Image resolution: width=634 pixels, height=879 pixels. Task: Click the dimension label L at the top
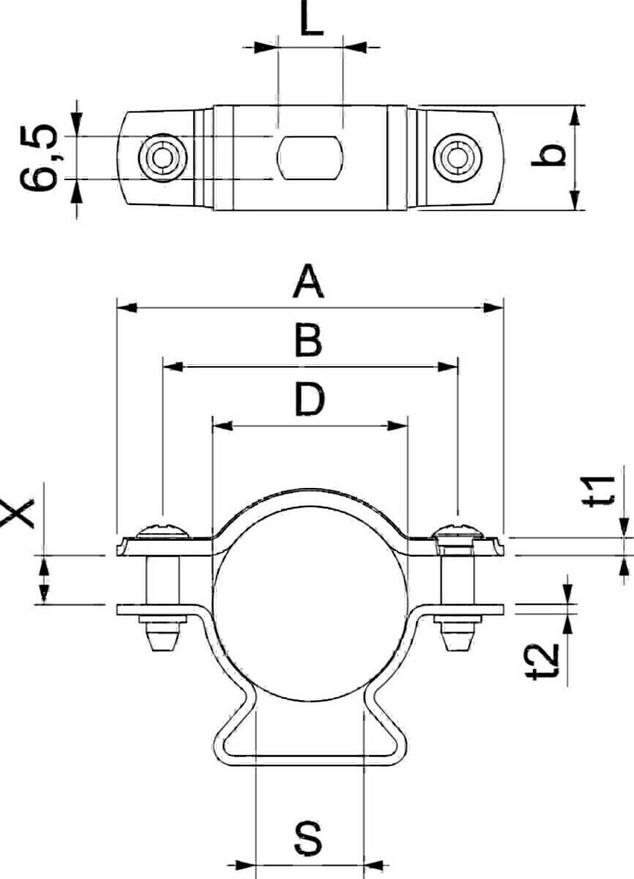[311, 18]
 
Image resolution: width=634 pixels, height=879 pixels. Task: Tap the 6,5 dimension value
[39, 157]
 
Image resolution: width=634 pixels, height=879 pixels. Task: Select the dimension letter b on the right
[548, 155]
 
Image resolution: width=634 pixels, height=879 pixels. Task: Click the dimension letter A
[308, 281]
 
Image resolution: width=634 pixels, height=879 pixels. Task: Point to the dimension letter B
[308, 340]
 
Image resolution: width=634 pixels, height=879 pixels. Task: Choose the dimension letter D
[310, 399]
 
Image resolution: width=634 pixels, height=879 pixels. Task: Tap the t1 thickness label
[599, 492]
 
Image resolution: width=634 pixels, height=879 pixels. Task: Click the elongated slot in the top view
[310, 157]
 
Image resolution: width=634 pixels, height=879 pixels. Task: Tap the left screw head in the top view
[163, 157]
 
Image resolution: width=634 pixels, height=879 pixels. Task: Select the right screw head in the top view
[458, 157]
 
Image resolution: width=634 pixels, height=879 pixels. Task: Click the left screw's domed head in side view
[163, 530]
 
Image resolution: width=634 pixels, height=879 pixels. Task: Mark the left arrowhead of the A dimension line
[127, 308]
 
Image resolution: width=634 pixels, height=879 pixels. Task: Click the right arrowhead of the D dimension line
[398, 426]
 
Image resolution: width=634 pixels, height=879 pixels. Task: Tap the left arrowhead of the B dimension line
[173, 367]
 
